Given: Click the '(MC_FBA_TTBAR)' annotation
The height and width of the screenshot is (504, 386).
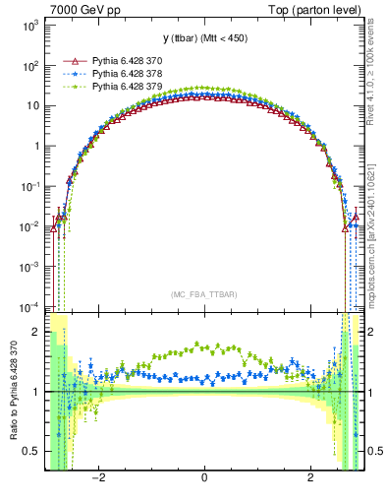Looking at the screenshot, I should [203, 294].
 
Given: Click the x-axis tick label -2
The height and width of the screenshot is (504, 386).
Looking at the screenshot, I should [98, 477].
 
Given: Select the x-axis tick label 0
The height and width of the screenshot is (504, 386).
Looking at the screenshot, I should [203, 477].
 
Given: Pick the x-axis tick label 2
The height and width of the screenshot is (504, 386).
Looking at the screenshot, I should [309, 477].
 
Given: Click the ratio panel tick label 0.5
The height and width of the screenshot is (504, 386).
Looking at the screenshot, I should [31, 451].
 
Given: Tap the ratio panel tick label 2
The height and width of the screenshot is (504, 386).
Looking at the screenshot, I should [36, 332].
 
